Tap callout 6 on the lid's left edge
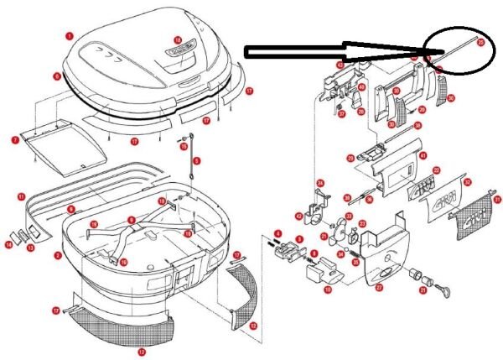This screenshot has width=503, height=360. click(x=56, y=76)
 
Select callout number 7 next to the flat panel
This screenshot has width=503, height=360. click(x=15, y=140)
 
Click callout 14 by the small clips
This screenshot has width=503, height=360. click(x=9, y=244)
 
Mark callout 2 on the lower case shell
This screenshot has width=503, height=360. click(x=56, y=254)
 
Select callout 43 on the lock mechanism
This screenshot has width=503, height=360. click(x=340, y=65)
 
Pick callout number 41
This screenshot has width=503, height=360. click(x=423, y=155)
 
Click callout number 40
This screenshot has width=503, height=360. click(x=361, y=86)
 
